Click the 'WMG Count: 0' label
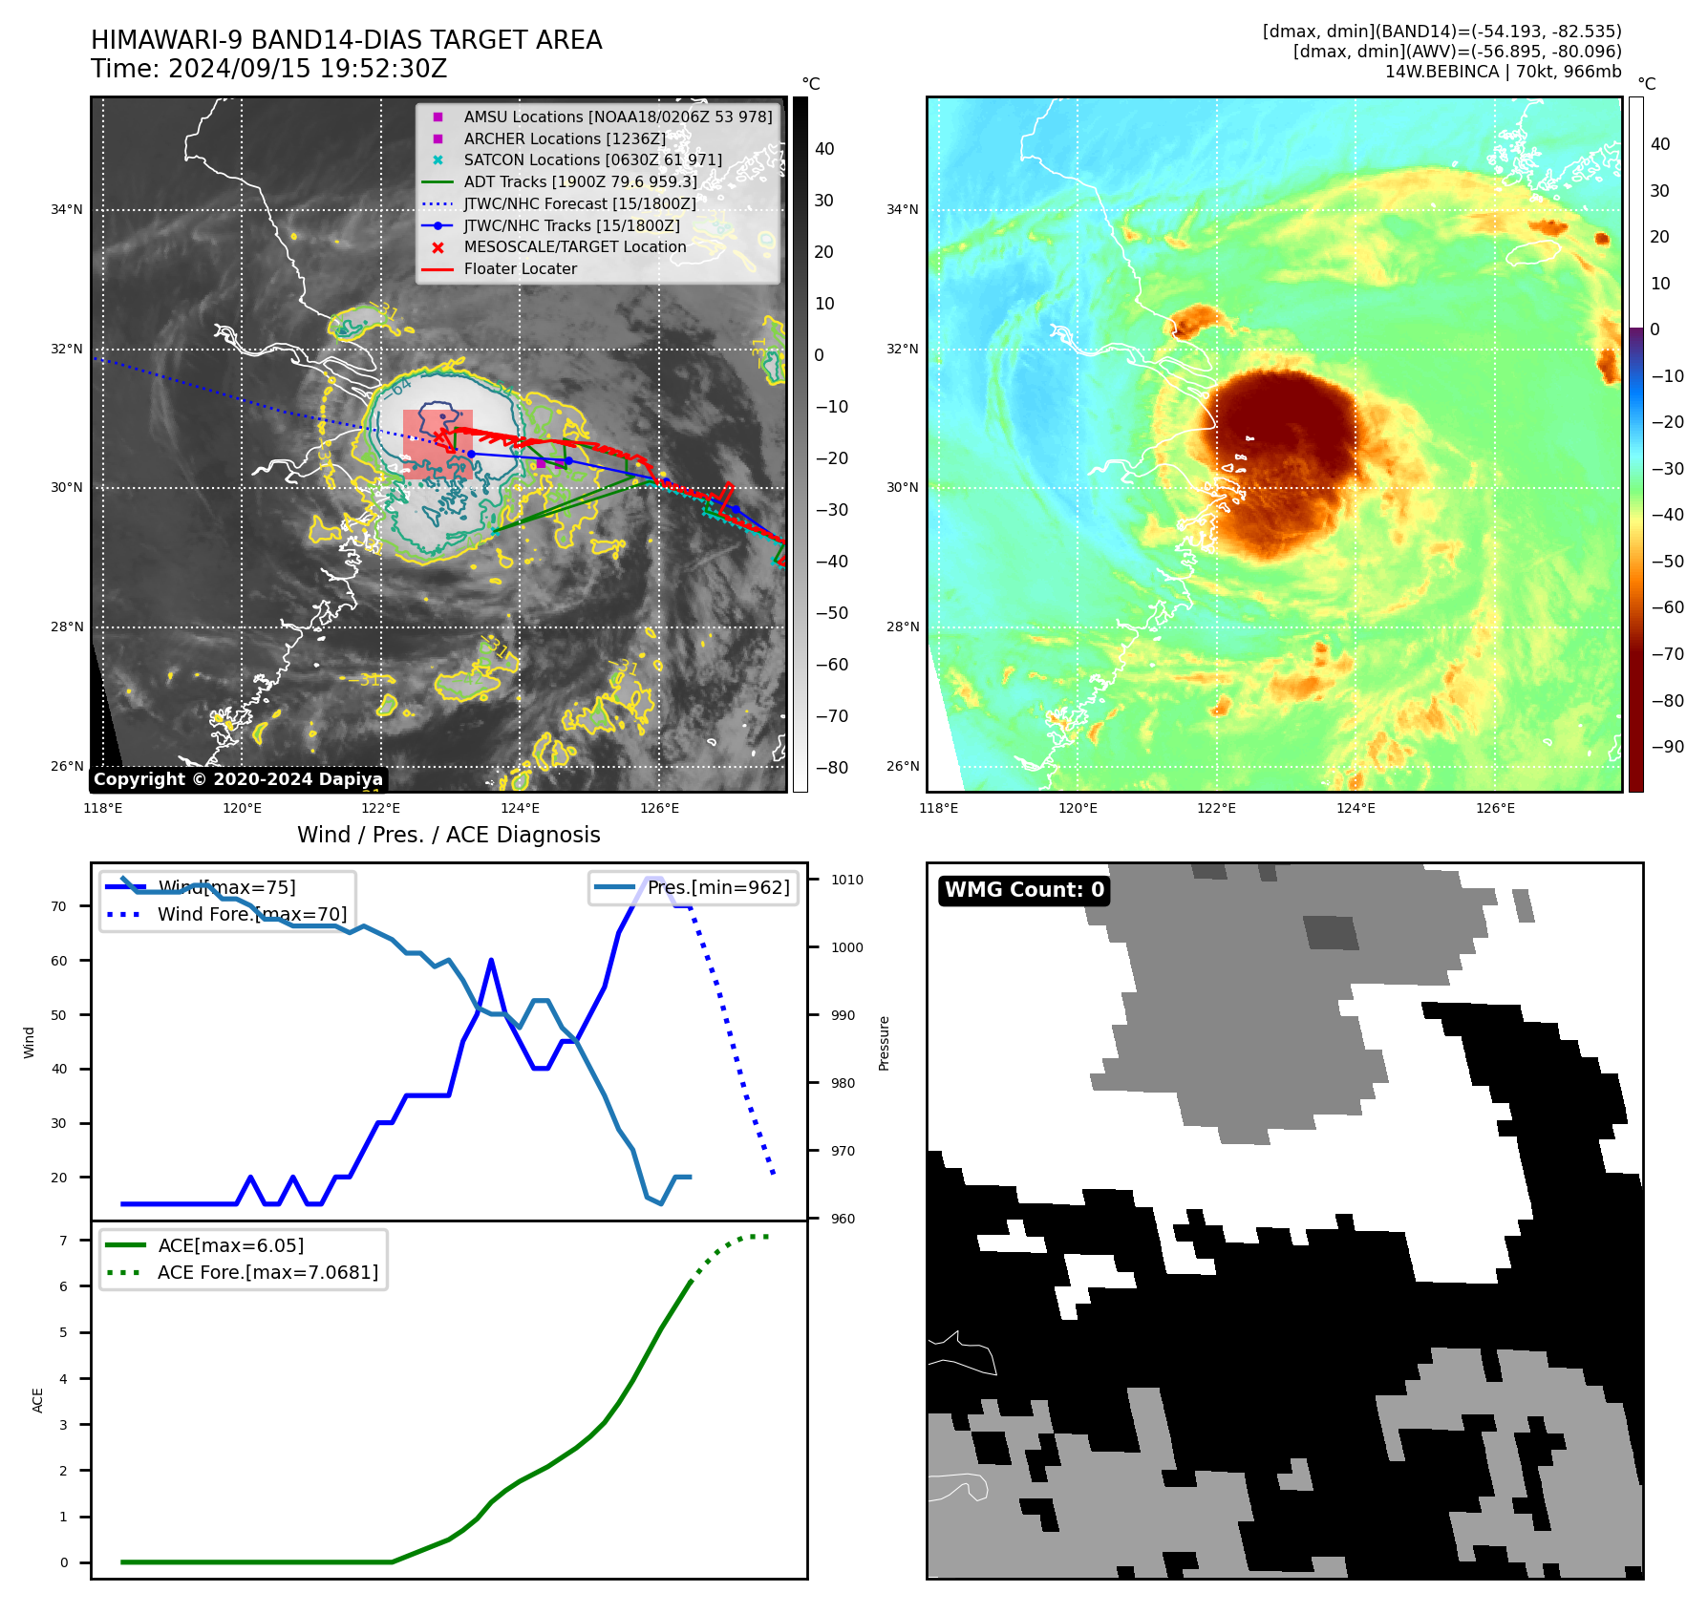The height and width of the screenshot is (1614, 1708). coord(1024,890)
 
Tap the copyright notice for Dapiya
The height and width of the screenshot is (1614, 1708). coord(238,779)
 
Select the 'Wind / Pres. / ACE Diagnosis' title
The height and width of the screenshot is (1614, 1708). coord(448,835)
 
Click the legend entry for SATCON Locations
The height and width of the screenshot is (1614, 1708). coord(592,160)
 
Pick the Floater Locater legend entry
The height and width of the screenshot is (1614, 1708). coord(520,269)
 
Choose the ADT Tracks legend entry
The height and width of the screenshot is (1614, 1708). coord(580,182)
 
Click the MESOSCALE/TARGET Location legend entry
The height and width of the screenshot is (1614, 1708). coord(574,247)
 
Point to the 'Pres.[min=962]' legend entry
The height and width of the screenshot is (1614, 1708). coord(717,887)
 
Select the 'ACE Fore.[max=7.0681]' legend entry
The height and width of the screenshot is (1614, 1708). coord(267,1272)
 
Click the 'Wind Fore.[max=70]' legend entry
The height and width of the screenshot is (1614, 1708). coord(252,914)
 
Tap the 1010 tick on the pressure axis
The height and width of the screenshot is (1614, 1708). coord(846,880)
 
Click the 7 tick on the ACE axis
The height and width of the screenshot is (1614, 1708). coord(63,1241)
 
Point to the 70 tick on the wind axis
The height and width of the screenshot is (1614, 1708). coord(59,906)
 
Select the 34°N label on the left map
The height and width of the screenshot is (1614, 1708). coord(67,210)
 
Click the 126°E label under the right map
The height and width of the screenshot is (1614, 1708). coord(1495,808)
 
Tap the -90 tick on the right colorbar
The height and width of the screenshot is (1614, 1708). coord(1668,747)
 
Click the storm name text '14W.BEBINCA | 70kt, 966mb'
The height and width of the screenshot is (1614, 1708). coord(1503,72)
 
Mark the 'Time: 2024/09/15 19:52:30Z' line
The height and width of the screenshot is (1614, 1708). coord(268,69)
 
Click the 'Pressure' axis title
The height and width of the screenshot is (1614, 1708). coord(885,1043)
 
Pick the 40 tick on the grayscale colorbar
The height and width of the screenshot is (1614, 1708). coord(824,149)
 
